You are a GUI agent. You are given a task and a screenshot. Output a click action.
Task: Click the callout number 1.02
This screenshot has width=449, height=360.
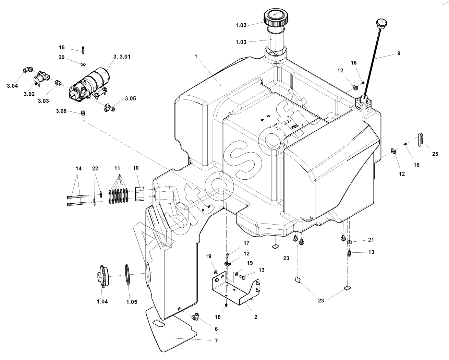coord(241,25)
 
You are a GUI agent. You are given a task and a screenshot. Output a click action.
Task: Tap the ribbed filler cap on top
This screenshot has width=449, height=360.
coord(277,18)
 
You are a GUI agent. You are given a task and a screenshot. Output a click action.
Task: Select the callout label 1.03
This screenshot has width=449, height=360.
coord(241,42)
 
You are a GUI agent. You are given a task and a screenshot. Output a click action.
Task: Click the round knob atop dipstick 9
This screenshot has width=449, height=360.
coord(381,23)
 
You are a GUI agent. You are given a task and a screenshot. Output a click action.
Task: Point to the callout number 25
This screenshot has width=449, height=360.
coord(435,154)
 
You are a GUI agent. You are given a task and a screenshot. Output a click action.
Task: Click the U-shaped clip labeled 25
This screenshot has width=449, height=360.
coord(421,140)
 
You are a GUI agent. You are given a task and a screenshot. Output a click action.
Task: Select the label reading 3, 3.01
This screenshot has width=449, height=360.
coord(122,57)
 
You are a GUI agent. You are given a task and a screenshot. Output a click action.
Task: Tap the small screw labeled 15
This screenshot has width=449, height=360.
coord(83,50)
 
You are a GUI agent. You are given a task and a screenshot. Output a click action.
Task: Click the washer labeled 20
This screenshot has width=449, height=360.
coord(83,63)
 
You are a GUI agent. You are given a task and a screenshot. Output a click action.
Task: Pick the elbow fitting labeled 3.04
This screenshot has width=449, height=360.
coord(28,70)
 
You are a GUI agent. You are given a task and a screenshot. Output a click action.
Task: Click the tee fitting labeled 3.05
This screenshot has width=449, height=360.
coord(109,107)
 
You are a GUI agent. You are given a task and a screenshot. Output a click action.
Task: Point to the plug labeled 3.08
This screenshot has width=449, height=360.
coord(83,113)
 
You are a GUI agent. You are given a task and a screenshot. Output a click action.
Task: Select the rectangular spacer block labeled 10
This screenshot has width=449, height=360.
coord(139,194)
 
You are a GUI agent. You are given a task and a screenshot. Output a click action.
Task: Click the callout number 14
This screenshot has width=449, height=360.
coord(78,168)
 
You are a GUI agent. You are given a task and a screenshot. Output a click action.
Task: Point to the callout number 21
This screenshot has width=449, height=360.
coord(371,240)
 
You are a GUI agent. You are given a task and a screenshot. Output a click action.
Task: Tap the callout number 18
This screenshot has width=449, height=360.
coord(218,317)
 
